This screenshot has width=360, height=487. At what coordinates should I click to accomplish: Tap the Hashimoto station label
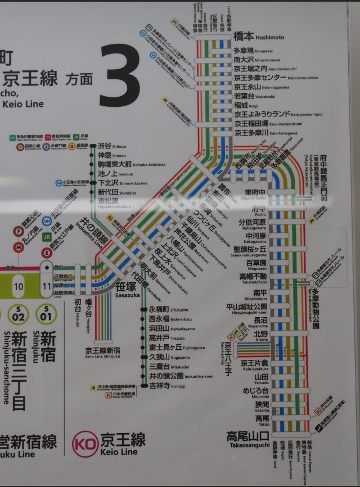pos(258,37)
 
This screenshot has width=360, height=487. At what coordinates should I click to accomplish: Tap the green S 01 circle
pos(47,314)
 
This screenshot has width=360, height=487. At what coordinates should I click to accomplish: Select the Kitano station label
pos(261,335)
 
